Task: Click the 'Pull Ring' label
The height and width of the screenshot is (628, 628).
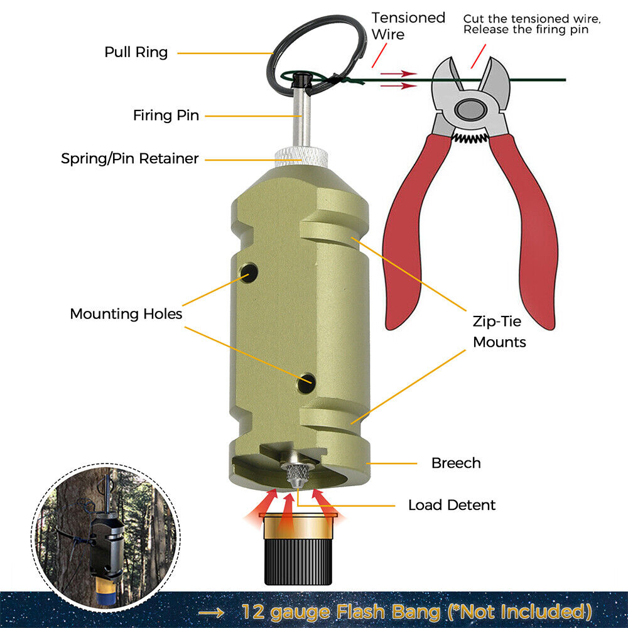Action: tap(136, 52)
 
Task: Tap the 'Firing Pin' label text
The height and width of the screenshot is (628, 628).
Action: tap(166, 116)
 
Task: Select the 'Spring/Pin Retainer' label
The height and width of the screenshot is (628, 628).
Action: tap(129, 158)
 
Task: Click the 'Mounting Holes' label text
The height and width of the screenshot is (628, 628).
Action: tap(126, 313)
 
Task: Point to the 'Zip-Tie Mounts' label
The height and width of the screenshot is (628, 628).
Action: tap(499, 332)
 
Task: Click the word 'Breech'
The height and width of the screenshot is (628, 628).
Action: tap(456, 463)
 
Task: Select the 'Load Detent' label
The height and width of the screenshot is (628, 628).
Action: tap(452, 505)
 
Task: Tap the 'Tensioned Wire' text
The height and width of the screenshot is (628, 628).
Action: tap(408, 25)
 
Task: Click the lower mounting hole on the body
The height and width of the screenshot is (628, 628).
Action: tap(306, 381)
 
